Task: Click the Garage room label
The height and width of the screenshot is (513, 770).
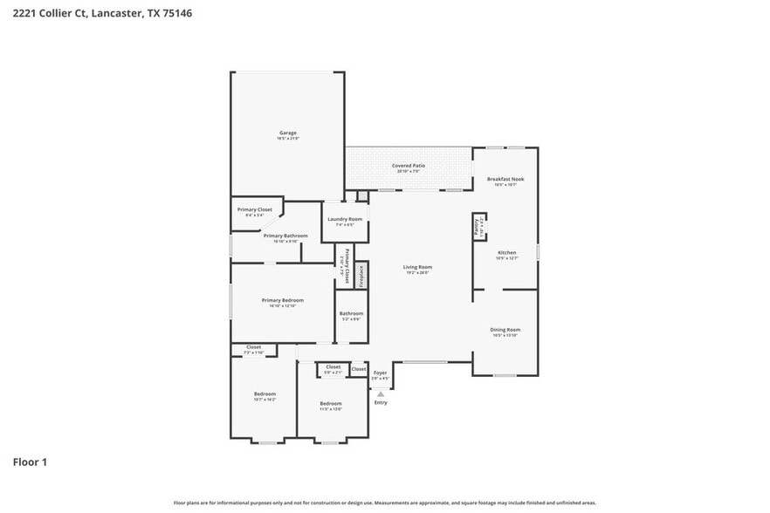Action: pos(287,133)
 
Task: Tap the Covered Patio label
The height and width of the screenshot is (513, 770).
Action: pos(408,165)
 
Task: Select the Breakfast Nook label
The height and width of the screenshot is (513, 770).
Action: pos(505,179)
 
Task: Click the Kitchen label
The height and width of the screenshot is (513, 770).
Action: pos(506,252)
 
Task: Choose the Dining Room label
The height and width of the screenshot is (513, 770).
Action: pos(505,329)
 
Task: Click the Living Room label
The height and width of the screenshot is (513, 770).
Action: pos(417,267)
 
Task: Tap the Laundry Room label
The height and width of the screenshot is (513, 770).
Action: pos(344,219)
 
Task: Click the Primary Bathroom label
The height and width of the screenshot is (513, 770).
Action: pos(285,236)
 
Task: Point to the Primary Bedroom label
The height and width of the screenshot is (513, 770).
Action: pos(283,300)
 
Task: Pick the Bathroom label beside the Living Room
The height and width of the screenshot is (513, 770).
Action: pos(351,313)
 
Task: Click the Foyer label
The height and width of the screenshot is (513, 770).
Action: pos(380,373)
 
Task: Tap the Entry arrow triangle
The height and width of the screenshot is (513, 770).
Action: pos(380,394)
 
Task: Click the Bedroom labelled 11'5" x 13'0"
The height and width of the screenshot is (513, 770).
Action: pos(331,403)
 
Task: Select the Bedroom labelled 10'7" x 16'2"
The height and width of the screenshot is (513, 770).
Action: pos(265,393)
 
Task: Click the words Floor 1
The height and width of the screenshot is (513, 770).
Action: pos(30,462)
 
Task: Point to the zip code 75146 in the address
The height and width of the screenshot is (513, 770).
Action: pos(176,13)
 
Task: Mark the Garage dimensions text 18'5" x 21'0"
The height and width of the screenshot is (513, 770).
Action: pos(287,139)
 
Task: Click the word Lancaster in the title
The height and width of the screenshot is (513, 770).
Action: pos(116,13)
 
